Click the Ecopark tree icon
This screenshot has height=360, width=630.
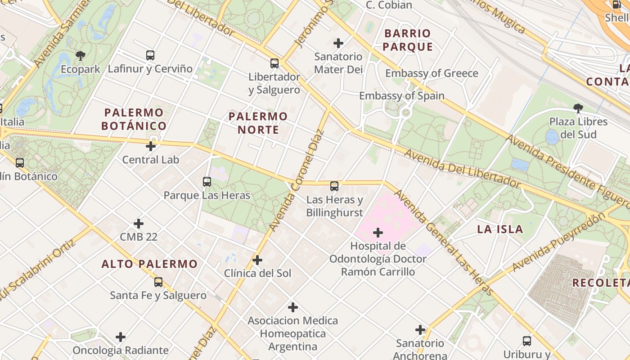(81, 56)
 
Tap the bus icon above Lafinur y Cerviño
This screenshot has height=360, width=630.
(150, 55)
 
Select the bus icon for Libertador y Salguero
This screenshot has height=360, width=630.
(274, 63)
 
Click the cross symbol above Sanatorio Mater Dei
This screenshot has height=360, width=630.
(338, 43)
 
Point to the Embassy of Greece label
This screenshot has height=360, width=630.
(432, 73)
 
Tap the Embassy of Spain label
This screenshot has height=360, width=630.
(401, 96)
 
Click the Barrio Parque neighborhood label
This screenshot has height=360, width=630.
(408, 40)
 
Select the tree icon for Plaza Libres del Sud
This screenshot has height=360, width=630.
(578, 108)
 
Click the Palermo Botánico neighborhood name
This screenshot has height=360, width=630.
(134, 119)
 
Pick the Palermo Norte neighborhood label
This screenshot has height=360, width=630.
(258, 123)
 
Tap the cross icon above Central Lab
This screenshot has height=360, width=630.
(151, 146)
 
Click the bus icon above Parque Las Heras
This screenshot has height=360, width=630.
(207, 182)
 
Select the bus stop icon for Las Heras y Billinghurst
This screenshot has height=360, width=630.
(334, 186)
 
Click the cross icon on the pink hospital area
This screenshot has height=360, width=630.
(378, 233)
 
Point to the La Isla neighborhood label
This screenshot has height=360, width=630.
(500, 229)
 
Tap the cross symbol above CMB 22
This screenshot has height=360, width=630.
(139, 224)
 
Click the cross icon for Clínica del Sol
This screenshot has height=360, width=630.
(257, 260)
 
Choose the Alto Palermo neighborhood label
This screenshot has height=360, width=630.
(149, 264)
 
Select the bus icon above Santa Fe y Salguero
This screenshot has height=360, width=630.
(158, 282)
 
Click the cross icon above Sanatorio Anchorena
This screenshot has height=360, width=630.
(420, 330)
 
